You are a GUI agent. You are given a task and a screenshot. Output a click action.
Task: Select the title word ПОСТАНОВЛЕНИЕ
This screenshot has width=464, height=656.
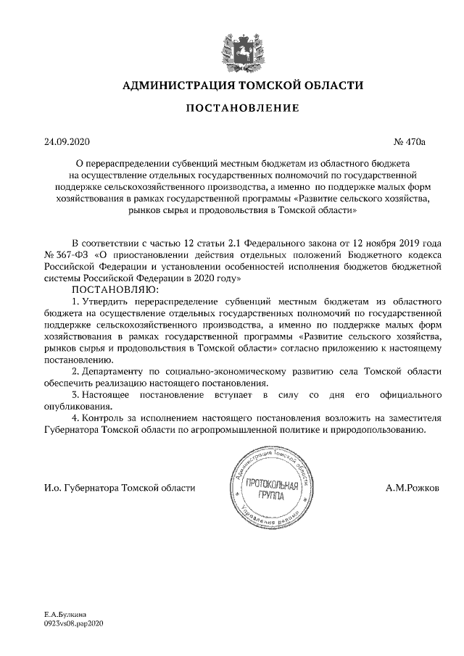click(232, 109)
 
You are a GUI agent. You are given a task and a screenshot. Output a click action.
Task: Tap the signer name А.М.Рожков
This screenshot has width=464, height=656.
click(412, 488)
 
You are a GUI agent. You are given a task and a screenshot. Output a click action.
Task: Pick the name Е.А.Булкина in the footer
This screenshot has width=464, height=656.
click(65, 614)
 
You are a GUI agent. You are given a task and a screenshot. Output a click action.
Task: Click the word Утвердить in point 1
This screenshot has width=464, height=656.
click(107, 301)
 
